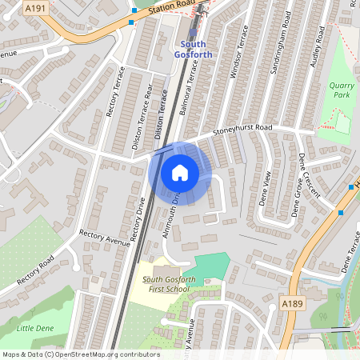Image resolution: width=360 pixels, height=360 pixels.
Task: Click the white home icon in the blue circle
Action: pyautogui.click(x=180, y=172)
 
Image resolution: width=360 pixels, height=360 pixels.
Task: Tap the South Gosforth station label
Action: pyautogui.click(x=197, y=48)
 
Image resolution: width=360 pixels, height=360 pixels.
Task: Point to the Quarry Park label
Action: pyautogui.click(x=340, y=90)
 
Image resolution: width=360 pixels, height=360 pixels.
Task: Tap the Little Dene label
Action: pyautogui.click(x=35, y=328)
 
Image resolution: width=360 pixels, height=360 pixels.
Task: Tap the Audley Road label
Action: pyautogui.click(x=318, y=46)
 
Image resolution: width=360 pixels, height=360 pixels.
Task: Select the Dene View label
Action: pyautogui.click(x=266, y=189)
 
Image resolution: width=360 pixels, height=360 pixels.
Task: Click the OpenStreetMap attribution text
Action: pyautogui.click(x=80, y=354)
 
